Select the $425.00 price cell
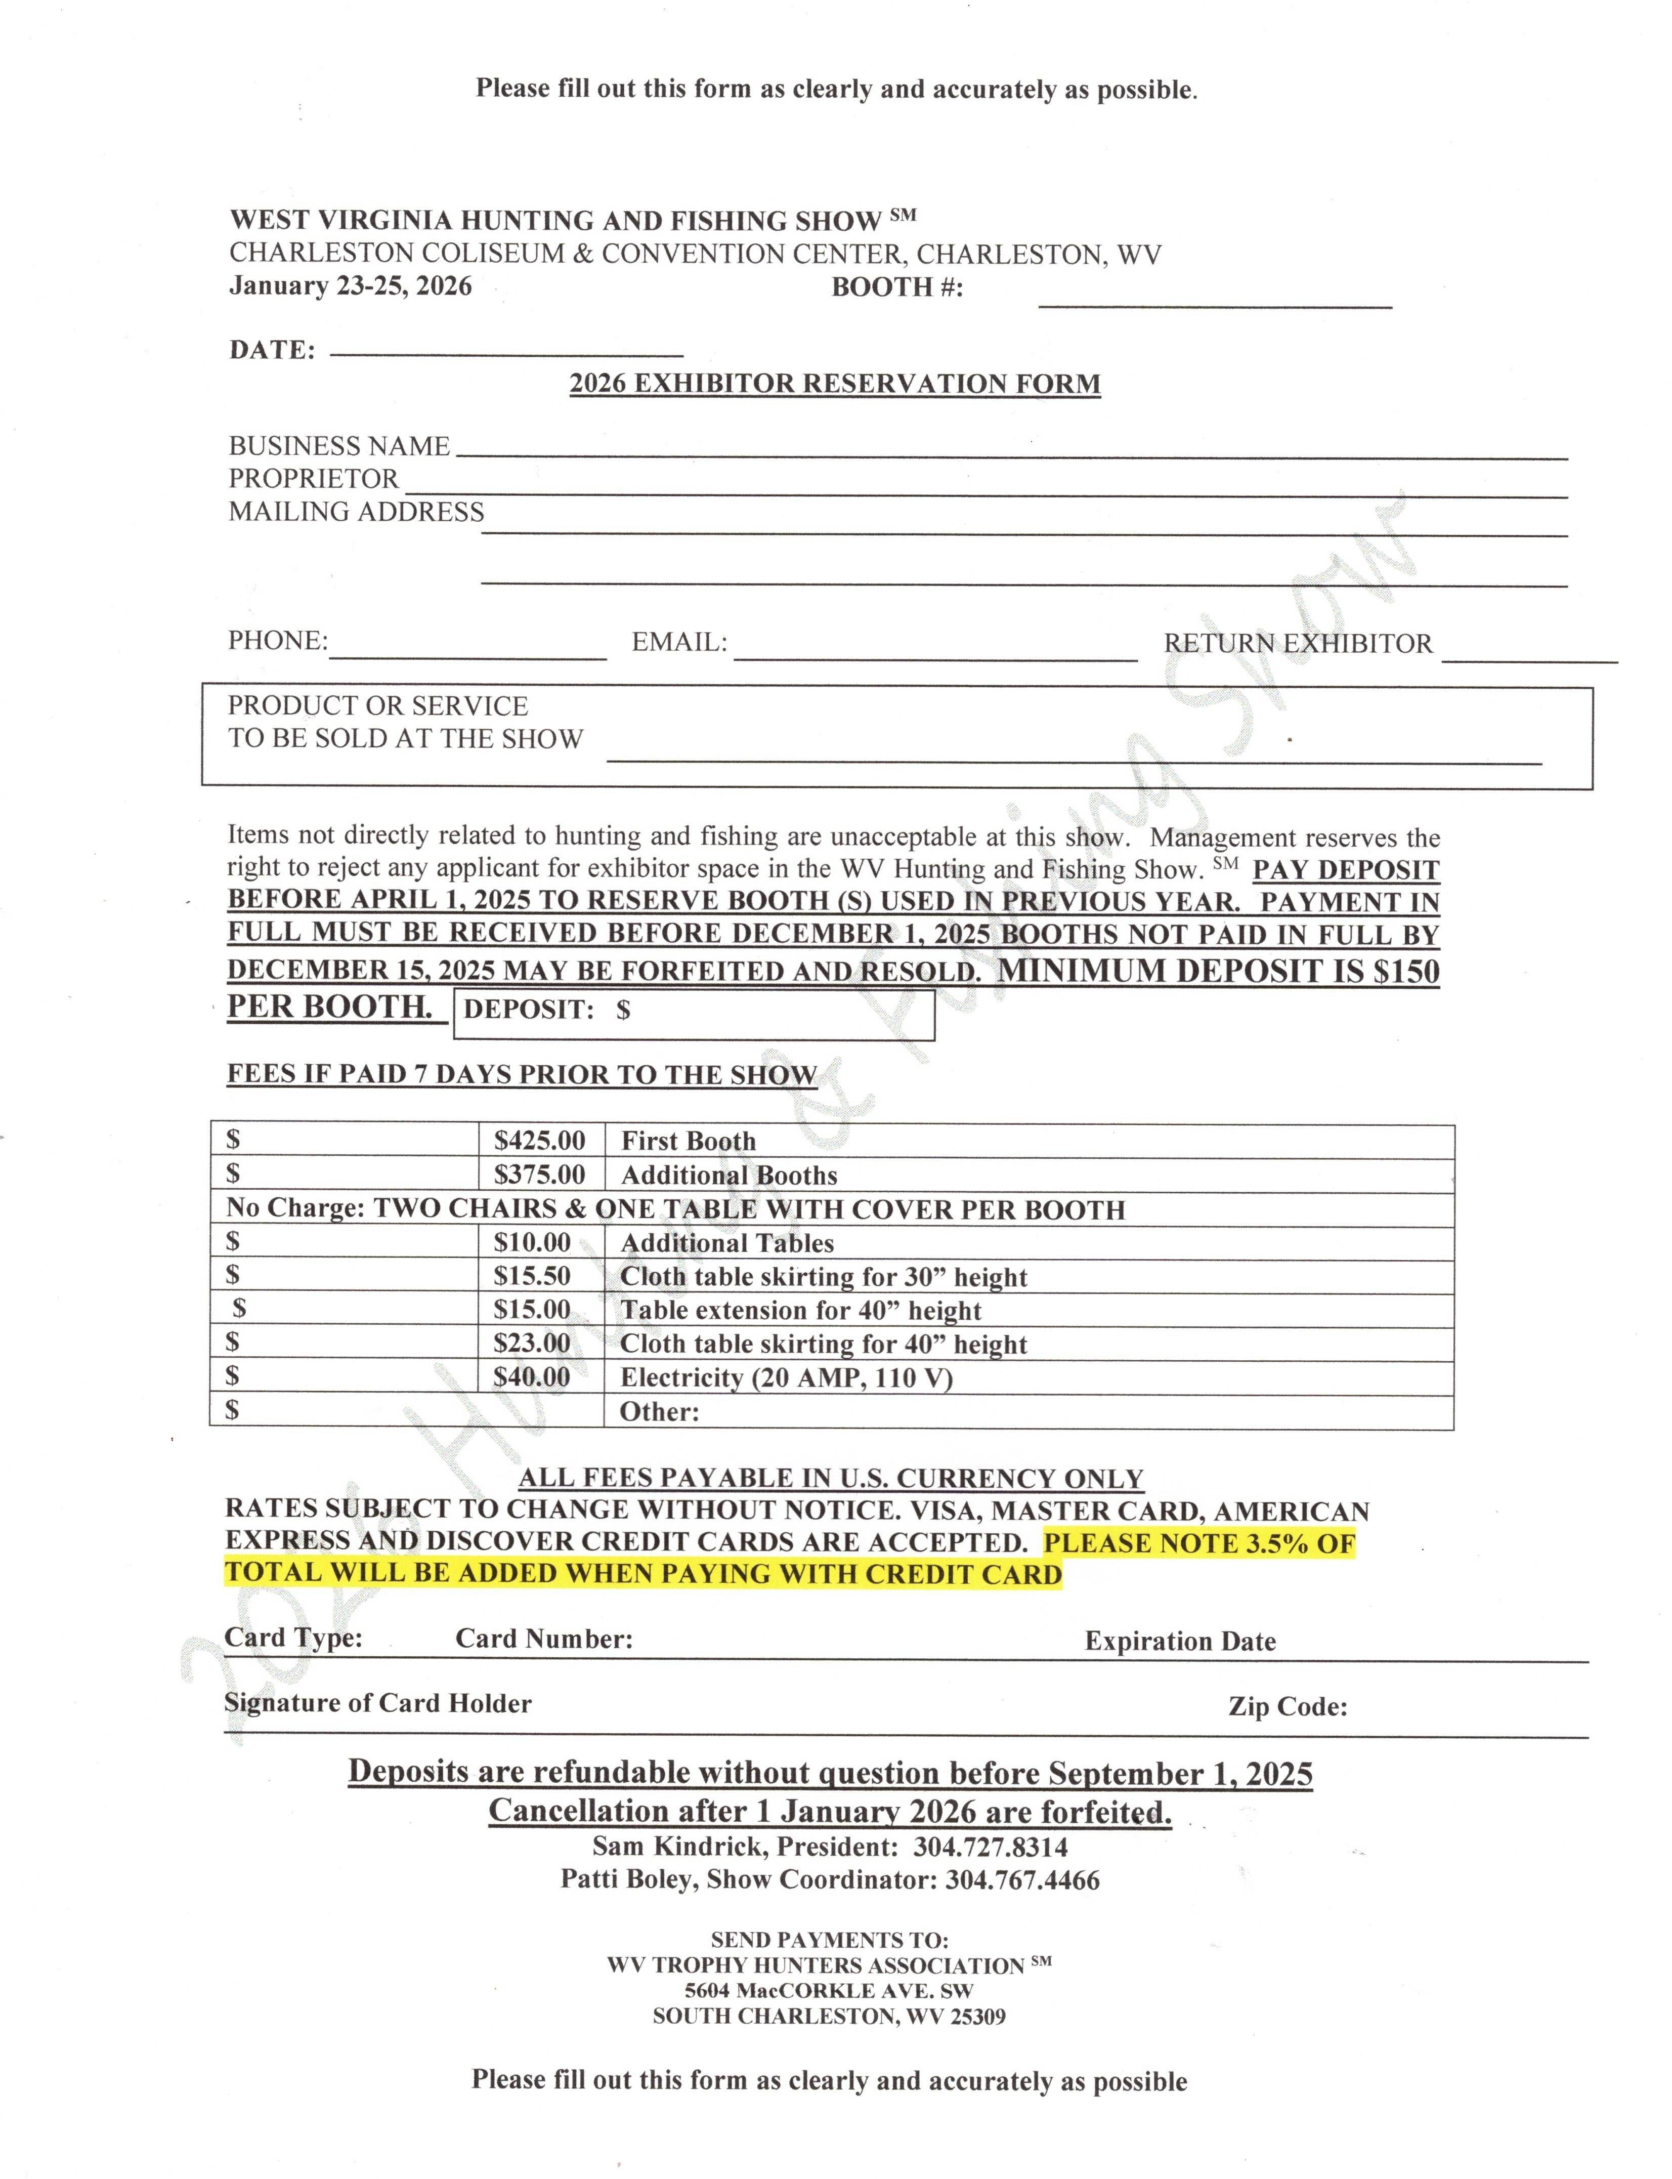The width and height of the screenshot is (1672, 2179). click(x=539, y=1141)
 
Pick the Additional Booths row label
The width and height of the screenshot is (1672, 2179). click(x=728, y=1176)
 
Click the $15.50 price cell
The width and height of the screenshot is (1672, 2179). click(x=532, y=1276)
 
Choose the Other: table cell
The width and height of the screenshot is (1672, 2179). click(x=660, y=1411)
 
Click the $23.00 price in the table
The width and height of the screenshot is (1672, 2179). click(x=532, y=1344)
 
